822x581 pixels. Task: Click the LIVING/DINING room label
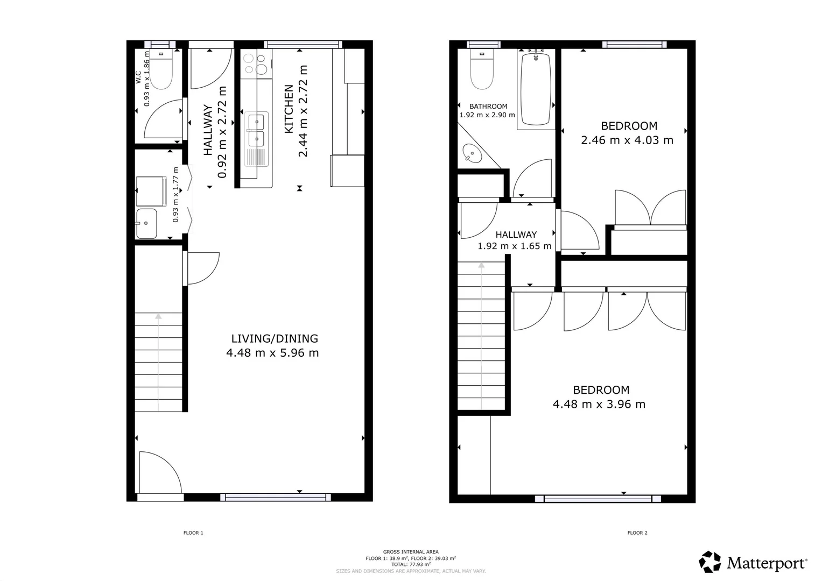pos(275,338)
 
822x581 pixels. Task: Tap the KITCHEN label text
pos(289,109)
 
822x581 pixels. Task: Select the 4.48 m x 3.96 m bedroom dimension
pos(599,405)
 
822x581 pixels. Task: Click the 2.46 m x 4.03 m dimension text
pos(627,140)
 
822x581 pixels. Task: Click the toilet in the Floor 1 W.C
pos(160,73)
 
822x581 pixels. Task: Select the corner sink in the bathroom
pos(472,153)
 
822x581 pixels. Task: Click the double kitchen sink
pos(256,130)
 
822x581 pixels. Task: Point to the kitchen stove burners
pos(256,64)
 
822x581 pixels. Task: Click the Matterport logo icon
pos(710,562)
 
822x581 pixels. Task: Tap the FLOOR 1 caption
pos(193,533)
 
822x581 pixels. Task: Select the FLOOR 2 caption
pos(637,533)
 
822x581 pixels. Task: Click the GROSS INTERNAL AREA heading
pos(411,552)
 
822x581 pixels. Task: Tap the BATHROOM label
pos(488,107)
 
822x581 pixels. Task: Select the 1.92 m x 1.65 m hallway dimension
pos(514,246)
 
